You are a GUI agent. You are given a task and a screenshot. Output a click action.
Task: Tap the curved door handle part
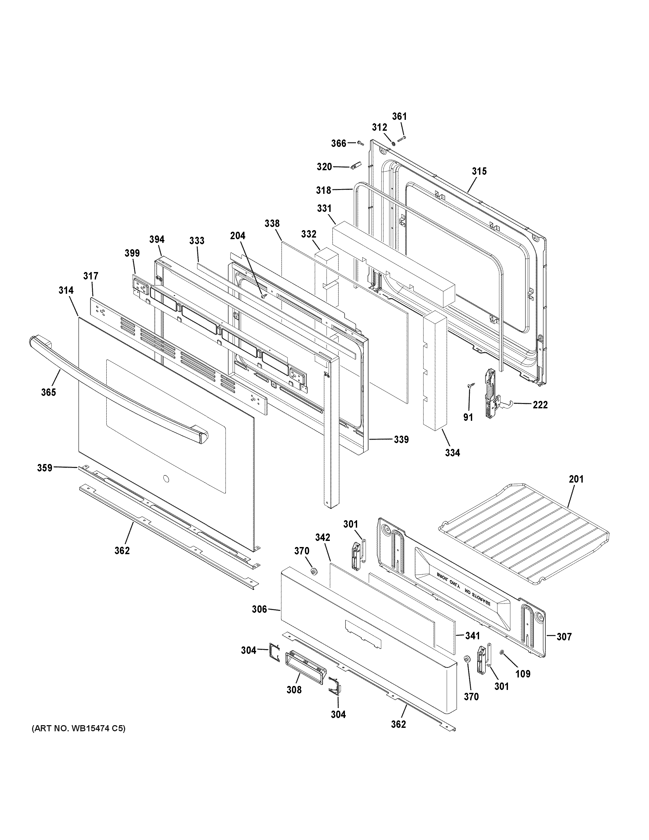pyautogui.click(x=115, y=388)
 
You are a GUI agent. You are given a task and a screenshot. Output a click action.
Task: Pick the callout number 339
pyautogui.click(x=401, y=439)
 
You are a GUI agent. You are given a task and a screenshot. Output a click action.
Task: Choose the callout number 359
pyautogui.click(x=45, y=468)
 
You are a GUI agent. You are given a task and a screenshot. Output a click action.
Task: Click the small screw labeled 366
pyautogui.click(x=361, y=143)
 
